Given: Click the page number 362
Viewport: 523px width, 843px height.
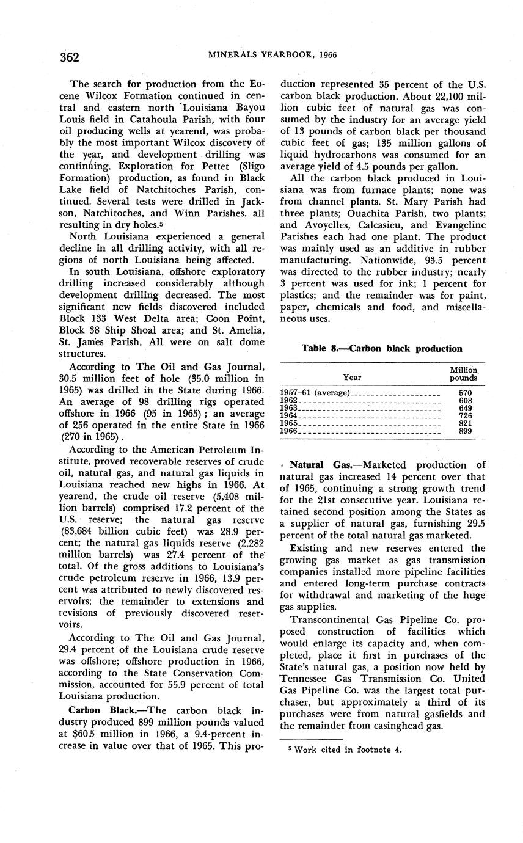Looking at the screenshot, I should click(x=70, y=57).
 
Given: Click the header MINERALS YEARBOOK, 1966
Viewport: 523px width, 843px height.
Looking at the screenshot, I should click(x=272, y=55).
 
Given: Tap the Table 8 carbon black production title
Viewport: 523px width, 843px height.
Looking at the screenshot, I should click(x=381, y=348).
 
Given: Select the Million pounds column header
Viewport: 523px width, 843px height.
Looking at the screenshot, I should click(x=463, y=374).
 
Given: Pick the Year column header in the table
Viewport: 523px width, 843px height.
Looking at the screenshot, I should click(x=352, y=378).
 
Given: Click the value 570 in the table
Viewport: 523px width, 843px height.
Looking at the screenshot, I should click(x=464, y=392).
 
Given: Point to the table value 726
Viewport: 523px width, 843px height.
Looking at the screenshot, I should click(x=464, y=415).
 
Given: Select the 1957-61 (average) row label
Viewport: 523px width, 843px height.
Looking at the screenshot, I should click(x=315, y=392).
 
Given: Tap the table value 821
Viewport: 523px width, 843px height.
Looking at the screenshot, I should click(x=464, y=423).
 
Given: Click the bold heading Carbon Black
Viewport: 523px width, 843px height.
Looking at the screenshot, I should click(x=93, y=710).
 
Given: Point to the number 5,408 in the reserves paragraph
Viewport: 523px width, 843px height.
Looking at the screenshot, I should click(x=223, y=497).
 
